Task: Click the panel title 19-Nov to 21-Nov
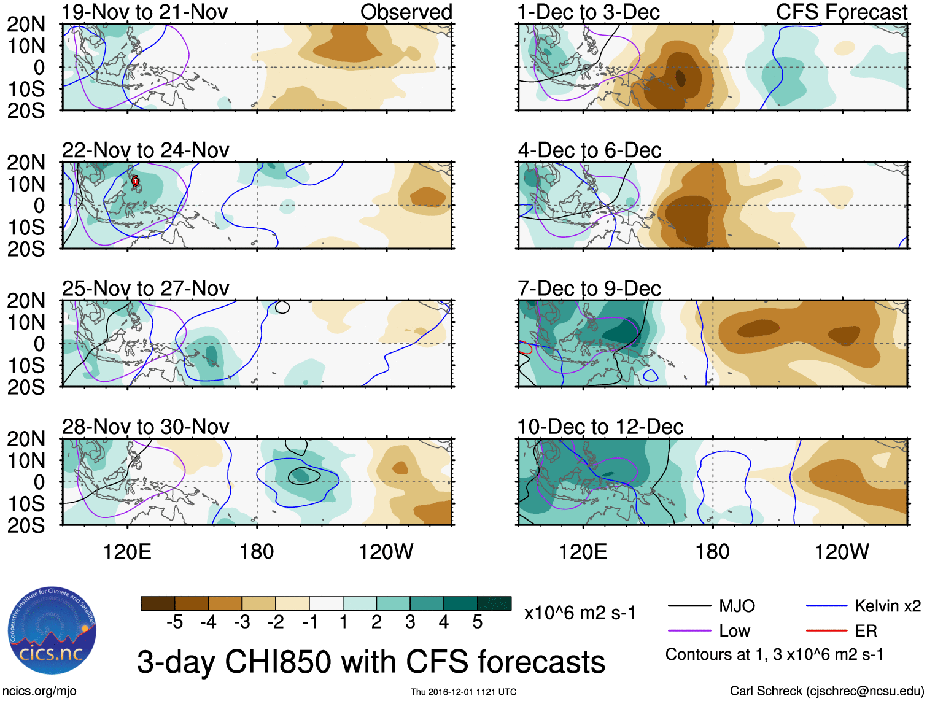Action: pyautogui.click(x=145, y=12)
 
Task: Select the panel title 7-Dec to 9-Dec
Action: pyautogui.click(x=589, y=289)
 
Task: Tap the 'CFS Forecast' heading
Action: pyautogui.click(x=841, y=12)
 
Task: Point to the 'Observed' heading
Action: pyautogui.click(x=406, y=12)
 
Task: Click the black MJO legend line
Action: pyautogui.click(x=689, y=606)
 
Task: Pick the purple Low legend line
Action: pyautogui.click(x=689, y=631)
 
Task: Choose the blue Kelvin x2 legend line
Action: pyautogui.click(x=826, y=606)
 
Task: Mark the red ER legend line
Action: pyautogui.click(x=826, y=631)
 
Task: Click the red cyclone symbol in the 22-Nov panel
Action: pyautogui.click(x=135, y=181)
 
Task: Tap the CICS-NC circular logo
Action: pyautogui.click(x=52, y=631)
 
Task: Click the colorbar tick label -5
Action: pyautogui.click(x=174, y=622)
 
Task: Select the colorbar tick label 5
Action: pyautogui.click(x=477, y=622)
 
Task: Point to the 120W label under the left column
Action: pyautogui.click(x=386, y=552)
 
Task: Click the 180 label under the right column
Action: pyautogui.click(x=712, y=552)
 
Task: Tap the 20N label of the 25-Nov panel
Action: pyautogui.click(x=26, y=301)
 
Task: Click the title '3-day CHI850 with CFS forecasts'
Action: pyautogui.click(x=371, y=662)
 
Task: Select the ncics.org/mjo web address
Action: pyautogui.click(x=39, y=691)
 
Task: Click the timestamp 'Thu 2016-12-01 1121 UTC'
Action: pyautogui.click(x=463, y=692)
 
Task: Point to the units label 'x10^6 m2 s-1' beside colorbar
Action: pyautogui.click(x=580, y=613)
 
